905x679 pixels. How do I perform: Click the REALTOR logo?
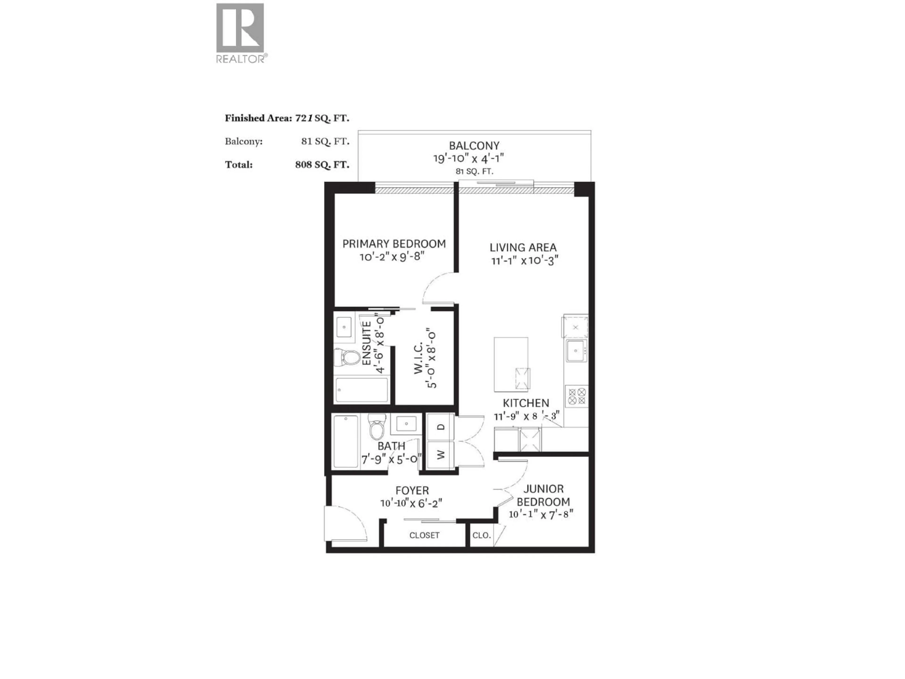(x=240, y=33)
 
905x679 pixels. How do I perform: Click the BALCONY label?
(x=474, y=146)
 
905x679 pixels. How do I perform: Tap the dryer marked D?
(x=440, y=427)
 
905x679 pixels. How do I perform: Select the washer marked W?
(x=440, y=455)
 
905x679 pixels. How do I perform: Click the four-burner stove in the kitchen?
(x=576, y=396)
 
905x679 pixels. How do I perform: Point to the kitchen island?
(x=511, y=364)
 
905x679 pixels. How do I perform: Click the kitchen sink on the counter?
(x=576, y=351)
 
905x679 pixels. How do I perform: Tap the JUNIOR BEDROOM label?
(x=543, y=495)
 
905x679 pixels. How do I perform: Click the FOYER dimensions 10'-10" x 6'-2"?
(x=411, y=503)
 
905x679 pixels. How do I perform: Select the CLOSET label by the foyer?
(x=424, y=535)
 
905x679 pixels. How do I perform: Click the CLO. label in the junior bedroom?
(x=481, y=535)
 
